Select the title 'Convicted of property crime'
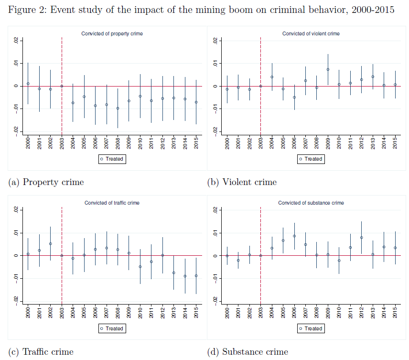[x=112, y=34]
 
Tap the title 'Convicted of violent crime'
[x=311, y=34]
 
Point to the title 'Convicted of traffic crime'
[x=112, y=203]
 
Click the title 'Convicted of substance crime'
[x=311, y=203]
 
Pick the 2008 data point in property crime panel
[x=118, y=108]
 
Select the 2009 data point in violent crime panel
[x=328, y=69]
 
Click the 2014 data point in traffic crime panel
[x=185, y=276]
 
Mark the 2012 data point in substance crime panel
[x=361, y=238]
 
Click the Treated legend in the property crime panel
[x=112, y=159]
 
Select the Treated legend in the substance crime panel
[x=311, y=328]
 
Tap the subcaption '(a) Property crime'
[x=46, y=182]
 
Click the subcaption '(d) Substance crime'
[x=248, y=352]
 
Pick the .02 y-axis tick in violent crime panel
[x=215, y=41]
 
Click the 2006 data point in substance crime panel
[x=294, y=236]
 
